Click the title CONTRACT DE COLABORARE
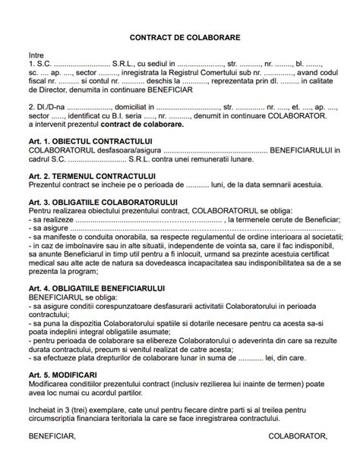[179, 36]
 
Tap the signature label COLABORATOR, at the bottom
[298, 437]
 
